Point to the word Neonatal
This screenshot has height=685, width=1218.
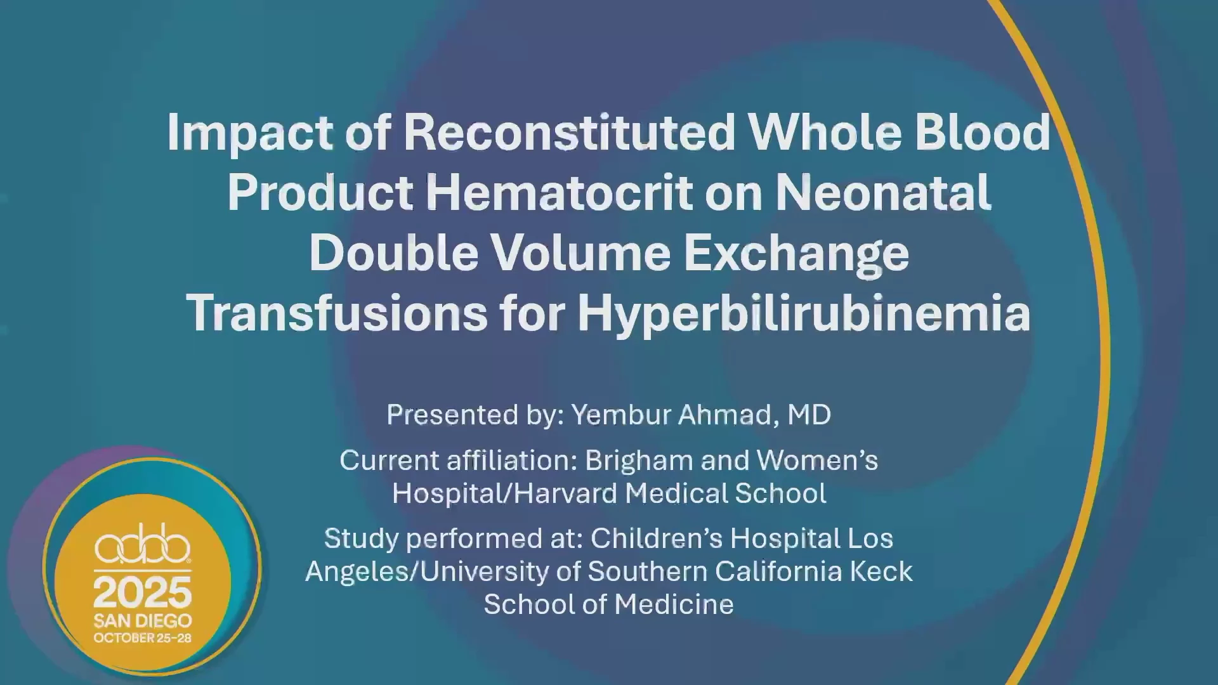(883, 193)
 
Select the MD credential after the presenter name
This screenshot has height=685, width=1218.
(809, 415)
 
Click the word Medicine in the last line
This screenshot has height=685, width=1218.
(674, 604)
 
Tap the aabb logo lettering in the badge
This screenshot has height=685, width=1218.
(143, 544)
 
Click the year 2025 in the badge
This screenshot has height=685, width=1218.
(143, 592)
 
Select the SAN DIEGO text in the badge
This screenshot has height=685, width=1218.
(143, 620)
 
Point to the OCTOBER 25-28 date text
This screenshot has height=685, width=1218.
(143, 638)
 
